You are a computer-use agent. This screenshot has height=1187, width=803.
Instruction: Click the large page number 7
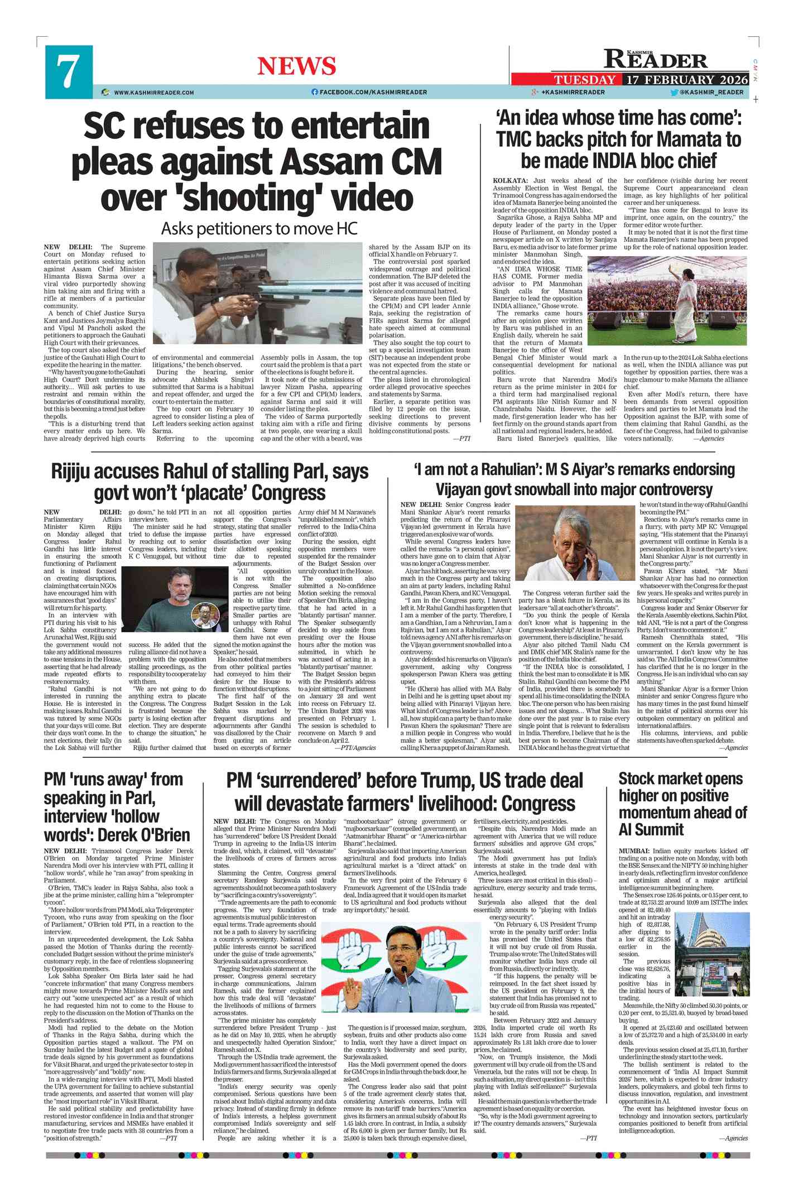tap(68, 71)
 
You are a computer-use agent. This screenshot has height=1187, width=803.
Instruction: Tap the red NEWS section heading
tap(296, 66)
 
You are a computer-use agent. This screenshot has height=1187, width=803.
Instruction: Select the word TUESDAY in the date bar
tap(585, 80)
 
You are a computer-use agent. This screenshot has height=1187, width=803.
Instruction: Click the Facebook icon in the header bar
tap(315, 92)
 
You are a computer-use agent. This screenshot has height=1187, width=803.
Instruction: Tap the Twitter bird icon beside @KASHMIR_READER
tap(674, 93)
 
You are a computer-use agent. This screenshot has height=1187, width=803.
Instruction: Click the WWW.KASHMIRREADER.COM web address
tap(154, 93)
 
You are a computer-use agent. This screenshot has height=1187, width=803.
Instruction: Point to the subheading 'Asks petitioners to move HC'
tap(259, 229)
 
